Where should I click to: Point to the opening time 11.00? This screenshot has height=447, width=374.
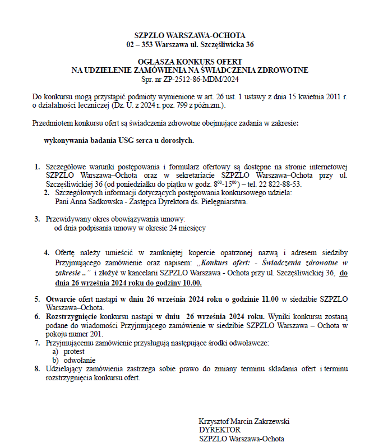(x=266, y=299)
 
